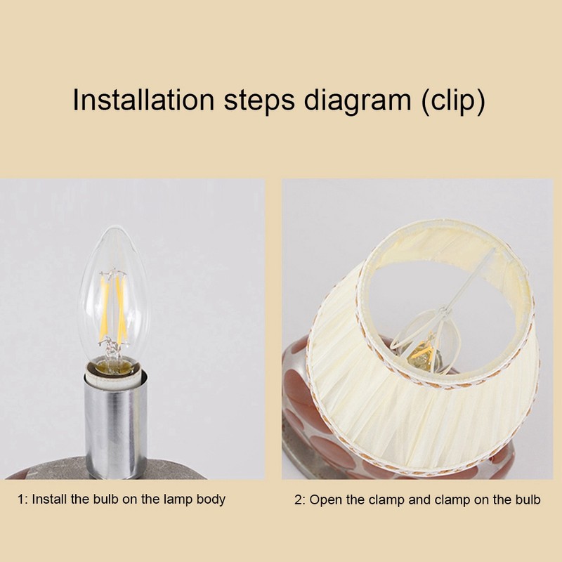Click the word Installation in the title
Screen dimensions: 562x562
tap(144, 100)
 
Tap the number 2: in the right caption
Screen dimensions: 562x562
tap(299, 500)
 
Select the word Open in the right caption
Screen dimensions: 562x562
tap(324, 500)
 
